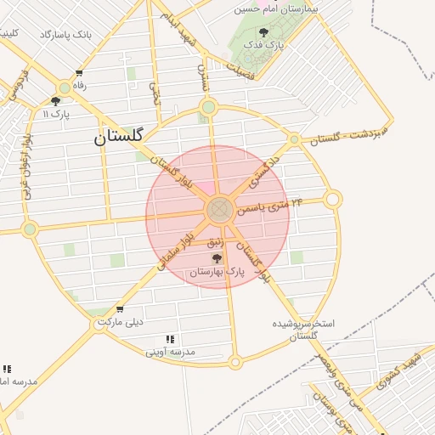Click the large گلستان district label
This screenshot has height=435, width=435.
click(x=119, y=134)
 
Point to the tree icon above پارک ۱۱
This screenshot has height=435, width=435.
click(x=56, y=101)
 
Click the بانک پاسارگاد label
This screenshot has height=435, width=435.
click(x=65, y=35)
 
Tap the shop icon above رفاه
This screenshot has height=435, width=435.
click(x=80, y=74)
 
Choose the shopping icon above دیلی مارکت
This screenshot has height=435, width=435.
click(x=121, y=308)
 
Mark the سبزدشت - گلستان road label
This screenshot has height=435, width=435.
click(x=348, y=133)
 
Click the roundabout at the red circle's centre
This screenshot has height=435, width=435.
click(x=219, y=209)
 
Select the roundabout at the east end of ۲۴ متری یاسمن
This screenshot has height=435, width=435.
click(x=333, y=200)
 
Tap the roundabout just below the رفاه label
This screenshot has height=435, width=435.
click(x=65, y=88)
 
